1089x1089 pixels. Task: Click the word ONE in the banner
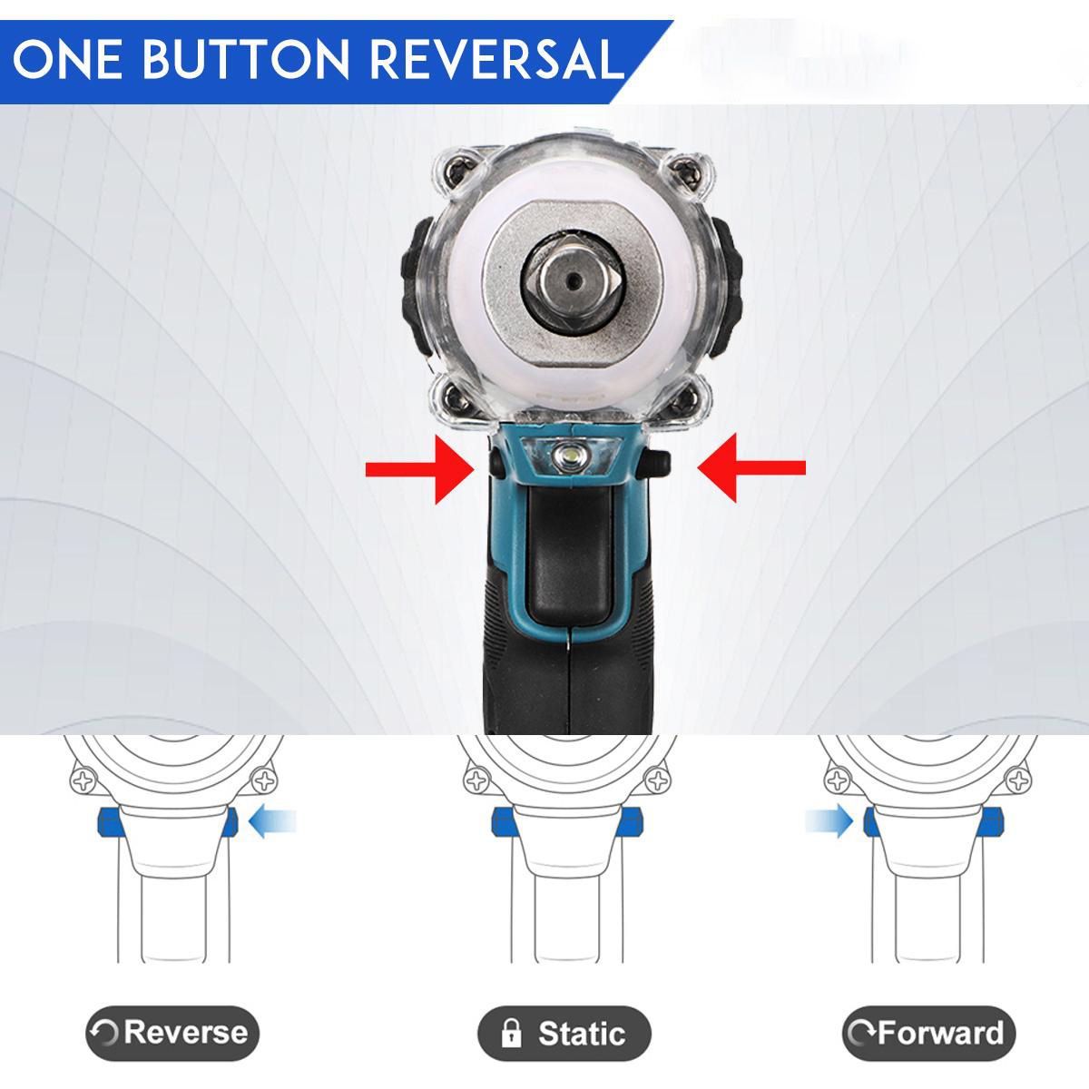[x=66, y=59]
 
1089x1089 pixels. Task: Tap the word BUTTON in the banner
[x=247, y=59]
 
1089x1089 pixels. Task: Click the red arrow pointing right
[x=420, y=468]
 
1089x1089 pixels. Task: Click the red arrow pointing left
[x=751, y=467]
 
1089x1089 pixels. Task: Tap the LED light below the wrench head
[x=568, y=456]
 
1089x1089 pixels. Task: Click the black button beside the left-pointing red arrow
[x=657, y=463]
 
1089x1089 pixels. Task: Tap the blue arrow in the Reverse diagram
[x=272, y=820]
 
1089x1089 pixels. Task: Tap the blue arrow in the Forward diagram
[x=829, y=820]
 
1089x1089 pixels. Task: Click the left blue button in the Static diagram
[x=501, y=821]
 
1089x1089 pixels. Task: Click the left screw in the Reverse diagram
[x=83, y=781]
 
